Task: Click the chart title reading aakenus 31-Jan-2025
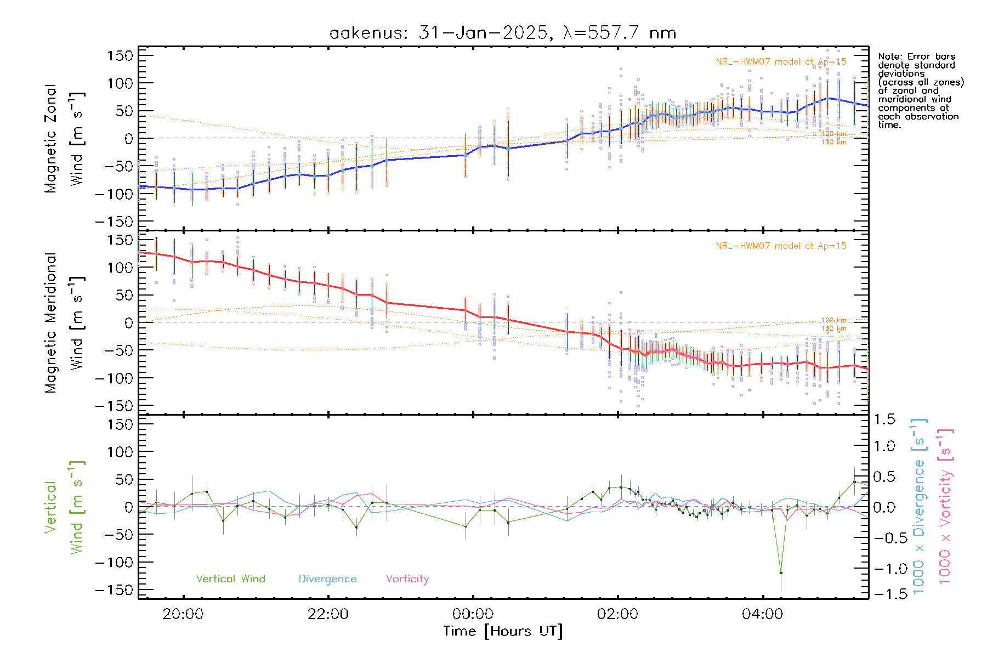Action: click(502, 33)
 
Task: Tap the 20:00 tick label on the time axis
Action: click(183, 614)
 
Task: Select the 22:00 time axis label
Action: click(328, 614)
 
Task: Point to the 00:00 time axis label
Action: click(473, 614)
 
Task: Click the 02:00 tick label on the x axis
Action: click(617, 614)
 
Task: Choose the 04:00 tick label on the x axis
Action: click(762, 614)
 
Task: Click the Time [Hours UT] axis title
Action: click(503, 631)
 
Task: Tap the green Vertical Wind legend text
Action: click(230, 578)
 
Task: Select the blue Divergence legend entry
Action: click(327, 578)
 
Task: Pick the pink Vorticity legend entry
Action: click(407, 578)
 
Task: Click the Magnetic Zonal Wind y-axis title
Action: click(64, 138)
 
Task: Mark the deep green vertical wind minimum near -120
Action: click(781, 573)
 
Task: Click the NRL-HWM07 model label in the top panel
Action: click(781, 61)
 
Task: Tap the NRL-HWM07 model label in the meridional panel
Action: click(781, 246)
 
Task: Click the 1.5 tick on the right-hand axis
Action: click(884, 419)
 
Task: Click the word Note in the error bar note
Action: click(888, 56)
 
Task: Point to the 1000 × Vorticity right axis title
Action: click(945, 506)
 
